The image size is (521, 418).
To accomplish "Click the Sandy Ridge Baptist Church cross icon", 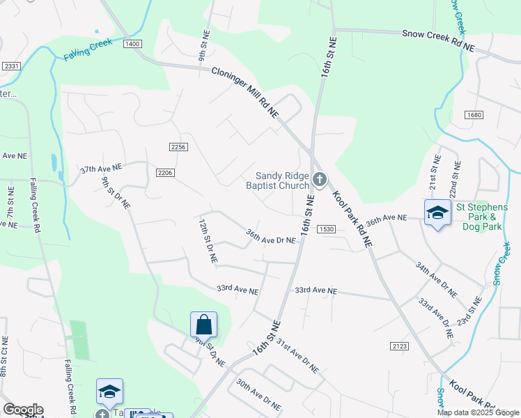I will (319, 180).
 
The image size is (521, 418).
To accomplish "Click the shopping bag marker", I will (203, 325).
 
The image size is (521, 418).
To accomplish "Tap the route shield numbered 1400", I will (132, 44).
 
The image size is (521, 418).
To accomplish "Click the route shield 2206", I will (164, 173).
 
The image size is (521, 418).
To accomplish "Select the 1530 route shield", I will (327, 229).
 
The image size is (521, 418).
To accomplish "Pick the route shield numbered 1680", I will (474, 115).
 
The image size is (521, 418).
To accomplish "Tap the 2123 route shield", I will (399, 346).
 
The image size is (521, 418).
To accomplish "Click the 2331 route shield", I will (10, 66).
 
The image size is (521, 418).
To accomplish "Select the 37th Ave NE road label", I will (101, 169).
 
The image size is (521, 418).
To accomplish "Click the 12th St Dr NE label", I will (208, 242).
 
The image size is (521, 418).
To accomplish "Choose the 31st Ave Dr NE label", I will (297, 356).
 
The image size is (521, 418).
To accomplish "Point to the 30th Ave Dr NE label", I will (258, 394).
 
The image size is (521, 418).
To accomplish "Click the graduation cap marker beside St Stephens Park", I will (437, 213).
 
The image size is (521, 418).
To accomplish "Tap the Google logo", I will (23, 410).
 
